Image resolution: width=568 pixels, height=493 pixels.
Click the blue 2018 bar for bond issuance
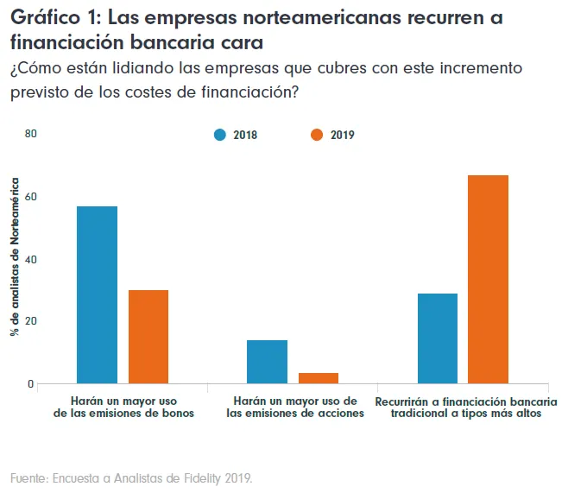pos(97,294)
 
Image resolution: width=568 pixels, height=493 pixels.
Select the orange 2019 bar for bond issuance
pos(148,337)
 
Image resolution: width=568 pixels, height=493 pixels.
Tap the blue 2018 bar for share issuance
pos(267,362)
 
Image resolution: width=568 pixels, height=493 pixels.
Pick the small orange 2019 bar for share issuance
pos(318,378)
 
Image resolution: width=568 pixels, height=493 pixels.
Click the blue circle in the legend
pos(220,135)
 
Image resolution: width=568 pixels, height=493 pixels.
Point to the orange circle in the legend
pos(317,135)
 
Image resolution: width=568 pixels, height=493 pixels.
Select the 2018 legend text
pos(245,135)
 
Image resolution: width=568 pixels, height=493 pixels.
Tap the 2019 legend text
pos(342,135)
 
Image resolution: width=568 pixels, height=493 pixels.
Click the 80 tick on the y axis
pos(31,134)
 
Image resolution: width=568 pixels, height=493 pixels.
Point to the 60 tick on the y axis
pos(31,197)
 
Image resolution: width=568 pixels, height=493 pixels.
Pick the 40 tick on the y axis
pos(31,259)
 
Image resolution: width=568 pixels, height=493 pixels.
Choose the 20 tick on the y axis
pos(31,321)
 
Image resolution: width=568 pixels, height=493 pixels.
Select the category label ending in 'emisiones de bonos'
pos(123,408)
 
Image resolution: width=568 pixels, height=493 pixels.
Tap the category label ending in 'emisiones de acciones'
pos(294,408)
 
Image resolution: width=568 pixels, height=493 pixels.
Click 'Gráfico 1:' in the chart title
pos(54,18)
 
